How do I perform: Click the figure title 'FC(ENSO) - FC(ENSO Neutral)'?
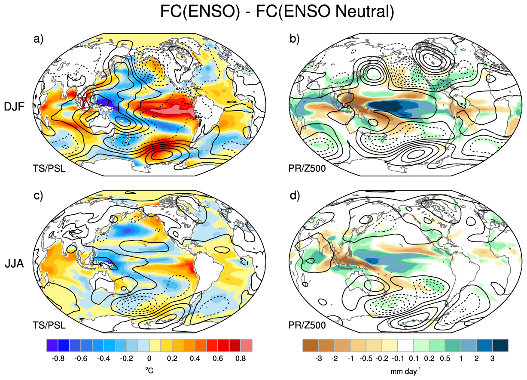277,11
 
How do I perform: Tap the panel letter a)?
39,39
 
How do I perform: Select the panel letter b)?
295,39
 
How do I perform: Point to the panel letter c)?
38,196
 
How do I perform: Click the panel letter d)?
295,196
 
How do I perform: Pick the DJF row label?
14,107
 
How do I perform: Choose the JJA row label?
14,263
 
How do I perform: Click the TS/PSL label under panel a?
49,168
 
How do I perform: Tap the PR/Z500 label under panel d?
307,325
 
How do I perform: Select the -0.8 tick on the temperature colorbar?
58,358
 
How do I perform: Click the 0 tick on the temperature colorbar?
149,358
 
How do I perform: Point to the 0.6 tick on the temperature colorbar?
218,358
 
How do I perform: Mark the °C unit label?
149,371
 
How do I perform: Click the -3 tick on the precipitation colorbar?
319,358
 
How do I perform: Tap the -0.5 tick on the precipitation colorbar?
366,358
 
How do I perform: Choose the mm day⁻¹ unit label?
405,371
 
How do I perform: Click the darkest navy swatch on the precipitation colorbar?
500,345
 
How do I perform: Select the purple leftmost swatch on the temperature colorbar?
52,345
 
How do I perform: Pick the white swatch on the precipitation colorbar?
405,345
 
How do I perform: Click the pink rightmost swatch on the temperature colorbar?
247,345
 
